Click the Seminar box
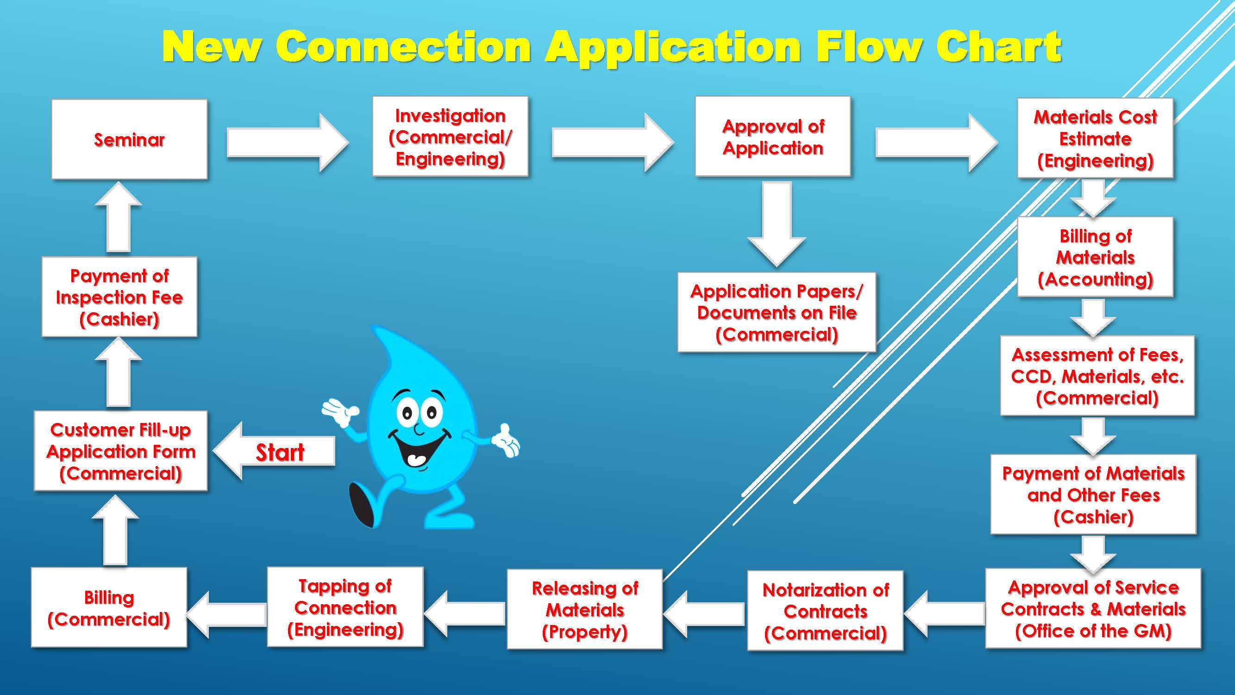[130, 139]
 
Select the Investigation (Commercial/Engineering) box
[450, 137]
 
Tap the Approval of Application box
[773, 137]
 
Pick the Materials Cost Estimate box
[1095, 139]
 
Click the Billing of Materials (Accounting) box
[1095, 257]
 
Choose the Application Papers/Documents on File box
[776, 313]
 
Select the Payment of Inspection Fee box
[119, 297]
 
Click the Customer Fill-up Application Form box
[121, 451]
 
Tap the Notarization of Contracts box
[825, 611]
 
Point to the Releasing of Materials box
[585, 610]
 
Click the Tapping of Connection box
[345, 607]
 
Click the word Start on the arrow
[280, 452]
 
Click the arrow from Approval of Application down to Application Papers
[776, 223]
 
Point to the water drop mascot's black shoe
[363, 504]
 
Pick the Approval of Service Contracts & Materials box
[1093, 609]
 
